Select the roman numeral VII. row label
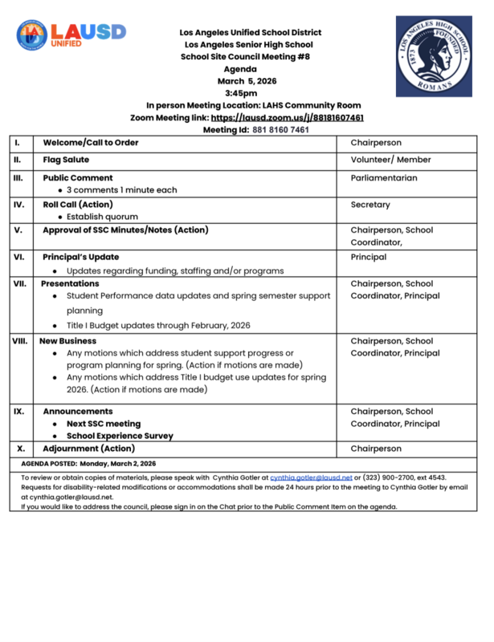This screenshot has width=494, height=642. (20, 283)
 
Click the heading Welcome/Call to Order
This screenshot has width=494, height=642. (91, 142)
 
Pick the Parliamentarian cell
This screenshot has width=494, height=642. (384, 178)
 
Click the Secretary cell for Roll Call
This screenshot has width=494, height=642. (370, 205)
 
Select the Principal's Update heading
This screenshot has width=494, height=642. (80, 258)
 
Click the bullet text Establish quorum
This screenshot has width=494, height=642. (102, 217)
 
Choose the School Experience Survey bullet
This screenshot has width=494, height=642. (120, 436)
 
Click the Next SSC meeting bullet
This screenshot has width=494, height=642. (104, 424)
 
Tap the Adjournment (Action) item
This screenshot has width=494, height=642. (88, 449)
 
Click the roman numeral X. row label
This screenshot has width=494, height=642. (21, 449)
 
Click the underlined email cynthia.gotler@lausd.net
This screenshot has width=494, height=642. (311, 477)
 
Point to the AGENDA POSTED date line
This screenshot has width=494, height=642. (89, 464)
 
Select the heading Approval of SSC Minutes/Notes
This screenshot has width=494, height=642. (125, 230)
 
